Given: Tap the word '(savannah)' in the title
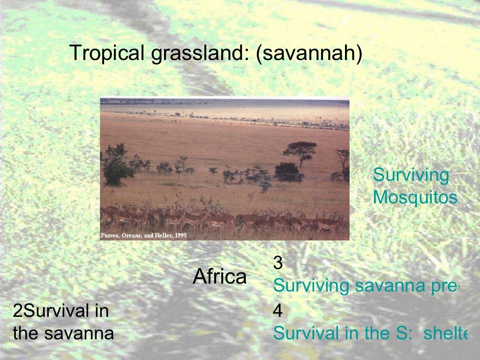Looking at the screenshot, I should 309,53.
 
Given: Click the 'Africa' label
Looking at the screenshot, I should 219,277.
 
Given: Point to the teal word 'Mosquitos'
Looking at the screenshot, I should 415,198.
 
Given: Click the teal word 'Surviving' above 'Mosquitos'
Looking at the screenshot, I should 411,176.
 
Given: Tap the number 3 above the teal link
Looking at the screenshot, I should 278,263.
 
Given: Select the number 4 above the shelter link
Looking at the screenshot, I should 278,310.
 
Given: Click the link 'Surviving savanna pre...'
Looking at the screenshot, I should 366,285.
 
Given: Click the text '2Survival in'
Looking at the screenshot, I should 61,311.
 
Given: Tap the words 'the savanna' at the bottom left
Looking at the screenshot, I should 63,334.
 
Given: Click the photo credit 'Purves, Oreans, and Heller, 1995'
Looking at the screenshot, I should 144,235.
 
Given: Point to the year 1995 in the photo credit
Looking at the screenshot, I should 180,235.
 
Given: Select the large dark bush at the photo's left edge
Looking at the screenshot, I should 114,164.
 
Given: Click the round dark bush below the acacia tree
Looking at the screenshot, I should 287,172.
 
